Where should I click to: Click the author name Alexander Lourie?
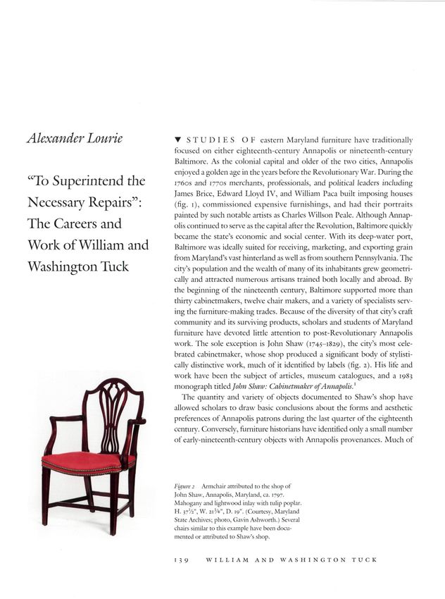click(x=73, y=139)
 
